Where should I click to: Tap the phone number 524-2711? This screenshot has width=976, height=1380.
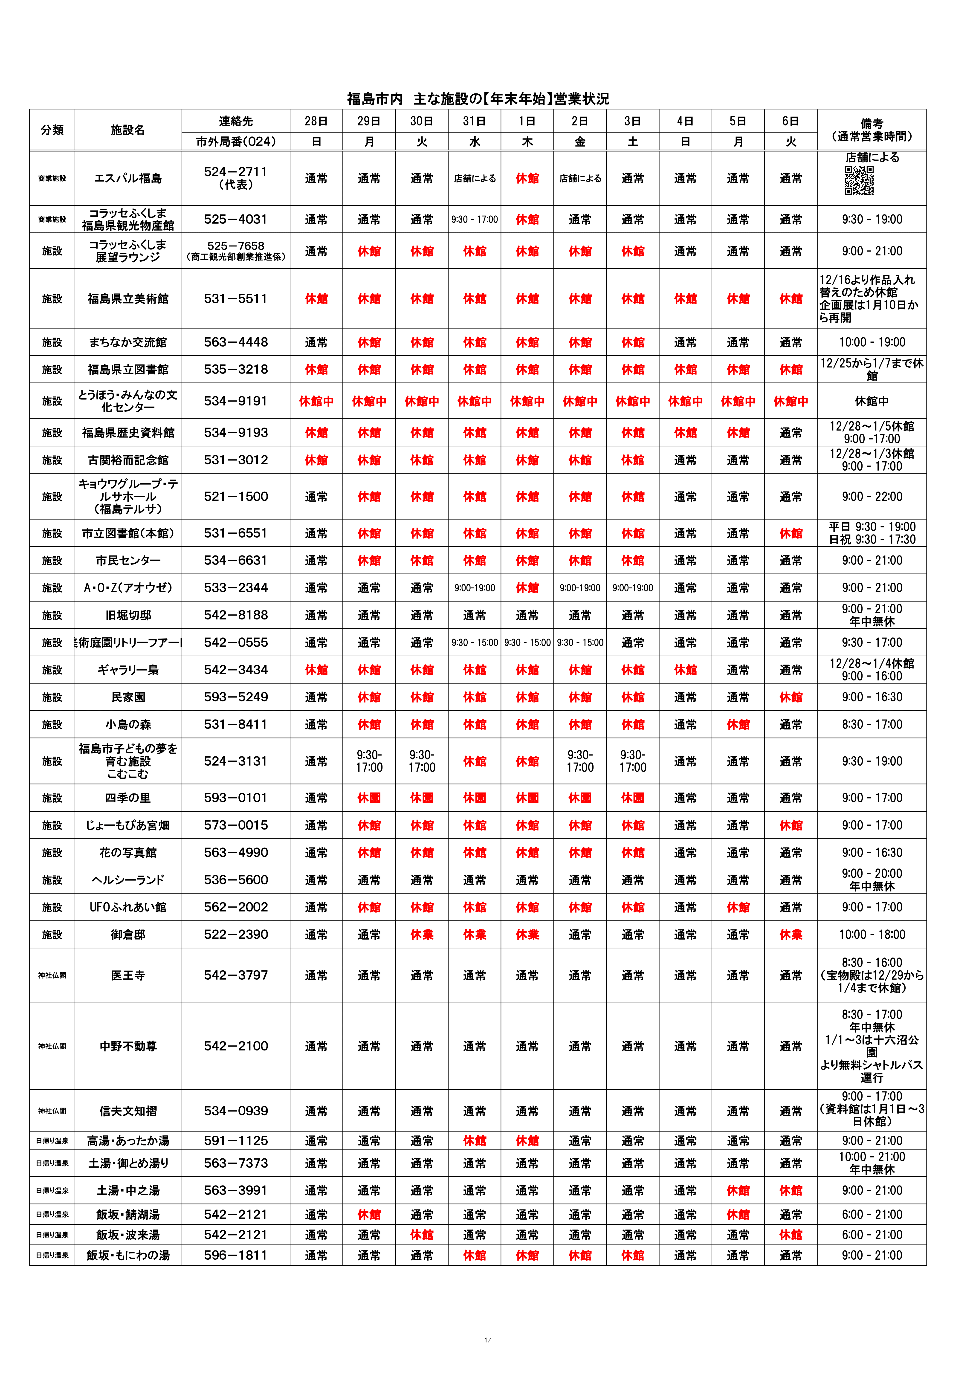point(236,172)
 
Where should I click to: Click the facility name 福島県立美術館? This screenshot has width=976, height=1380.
point(128,299)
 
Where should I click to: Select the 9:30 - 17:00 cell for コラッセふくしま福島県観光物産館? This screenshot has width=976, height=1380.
point(474,219)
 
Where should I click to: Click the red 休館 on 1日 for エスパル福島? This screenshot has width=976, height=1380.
point(527,179)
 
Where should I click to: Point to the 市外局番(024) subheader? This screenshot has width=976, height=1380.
point(236,142)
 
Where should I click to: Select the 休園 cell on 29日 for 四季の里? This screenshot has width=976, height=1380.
point(369,798)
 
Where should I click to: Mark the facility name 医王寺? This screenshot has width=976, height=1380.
point(128,975)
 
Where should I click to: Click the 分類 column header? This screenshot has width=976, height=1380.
point(52,130)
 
